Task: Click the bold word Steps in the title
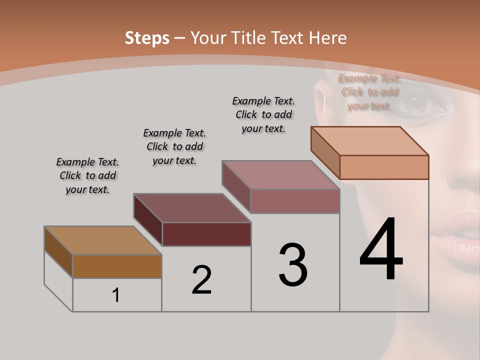(147, 38)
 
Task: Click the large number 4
(381, 250)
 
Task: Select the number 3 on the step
(293, 265)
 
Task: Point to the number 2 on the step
(202, 280)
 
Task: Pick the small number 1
(116, 295)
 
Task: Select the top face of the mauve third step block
(281, 175)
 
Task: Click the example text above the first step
(87, 175)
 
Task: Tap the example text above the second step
(174, 146)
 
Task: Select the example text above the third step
(263, 114)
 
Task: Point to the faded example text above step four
(369, 92)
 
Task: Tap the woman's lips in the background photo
(457, 235)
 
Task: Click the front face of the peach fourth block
(384, 167)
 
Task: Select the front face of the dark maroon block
(206, 234)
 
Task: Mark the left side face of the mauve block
(236, 186)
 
